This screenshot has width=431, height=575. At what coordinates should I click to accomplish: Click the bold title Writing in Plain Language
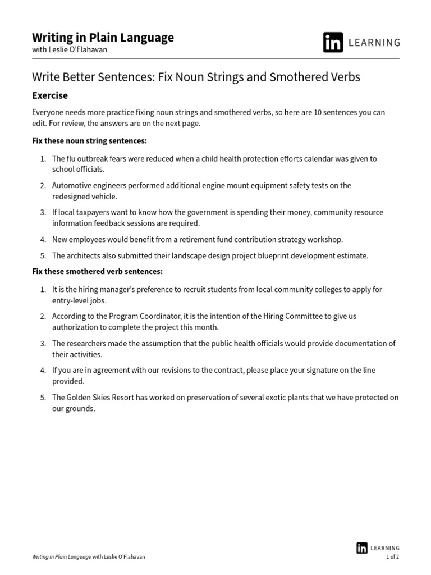103,38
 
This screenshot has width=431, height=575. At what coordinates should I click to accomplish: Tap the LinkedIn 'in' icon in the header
333,43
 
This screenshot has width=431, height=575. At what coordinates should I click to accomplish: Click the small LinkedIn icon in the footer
362,548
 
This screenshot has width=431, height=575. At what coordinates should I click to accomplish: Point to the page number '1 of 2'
392,557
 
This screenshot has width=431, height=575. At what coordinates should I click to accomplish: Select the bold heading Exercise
50,95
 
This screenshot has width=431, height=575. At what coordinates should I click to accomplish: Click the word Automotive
71,186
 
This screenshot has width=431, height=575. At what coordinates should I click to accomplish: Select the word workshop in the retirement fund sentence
325,240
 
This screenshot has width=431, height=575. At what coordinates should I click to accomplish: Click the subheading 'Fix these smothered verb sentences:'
97,272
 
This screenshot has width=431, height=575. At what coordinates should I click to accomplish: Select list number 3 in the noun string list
43,213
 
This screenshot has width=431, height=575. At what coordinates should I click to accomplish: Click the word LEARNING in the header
375,43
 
